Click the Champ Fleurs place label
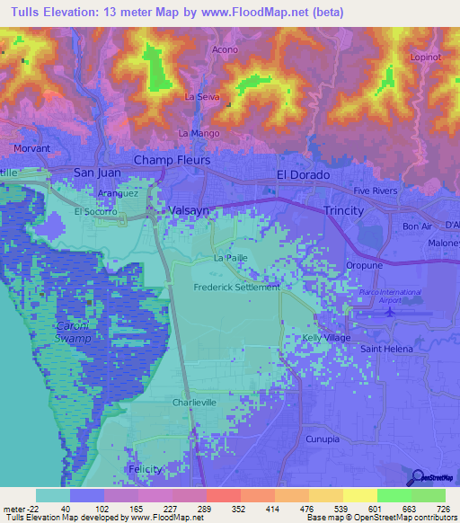coord(172,160)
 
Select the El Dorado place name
coord(303,174)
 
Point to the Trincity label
coord(343,210)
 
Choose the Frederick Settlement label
coord(236,288)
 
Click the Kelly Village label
coord(326,337)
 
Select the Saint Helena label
coord(385,348)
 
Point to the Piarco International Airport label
coord(389,297)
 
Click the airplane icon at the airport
coord(388,312)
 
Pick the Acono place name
coord(225,49)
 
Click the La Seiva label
coord(202,96)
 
